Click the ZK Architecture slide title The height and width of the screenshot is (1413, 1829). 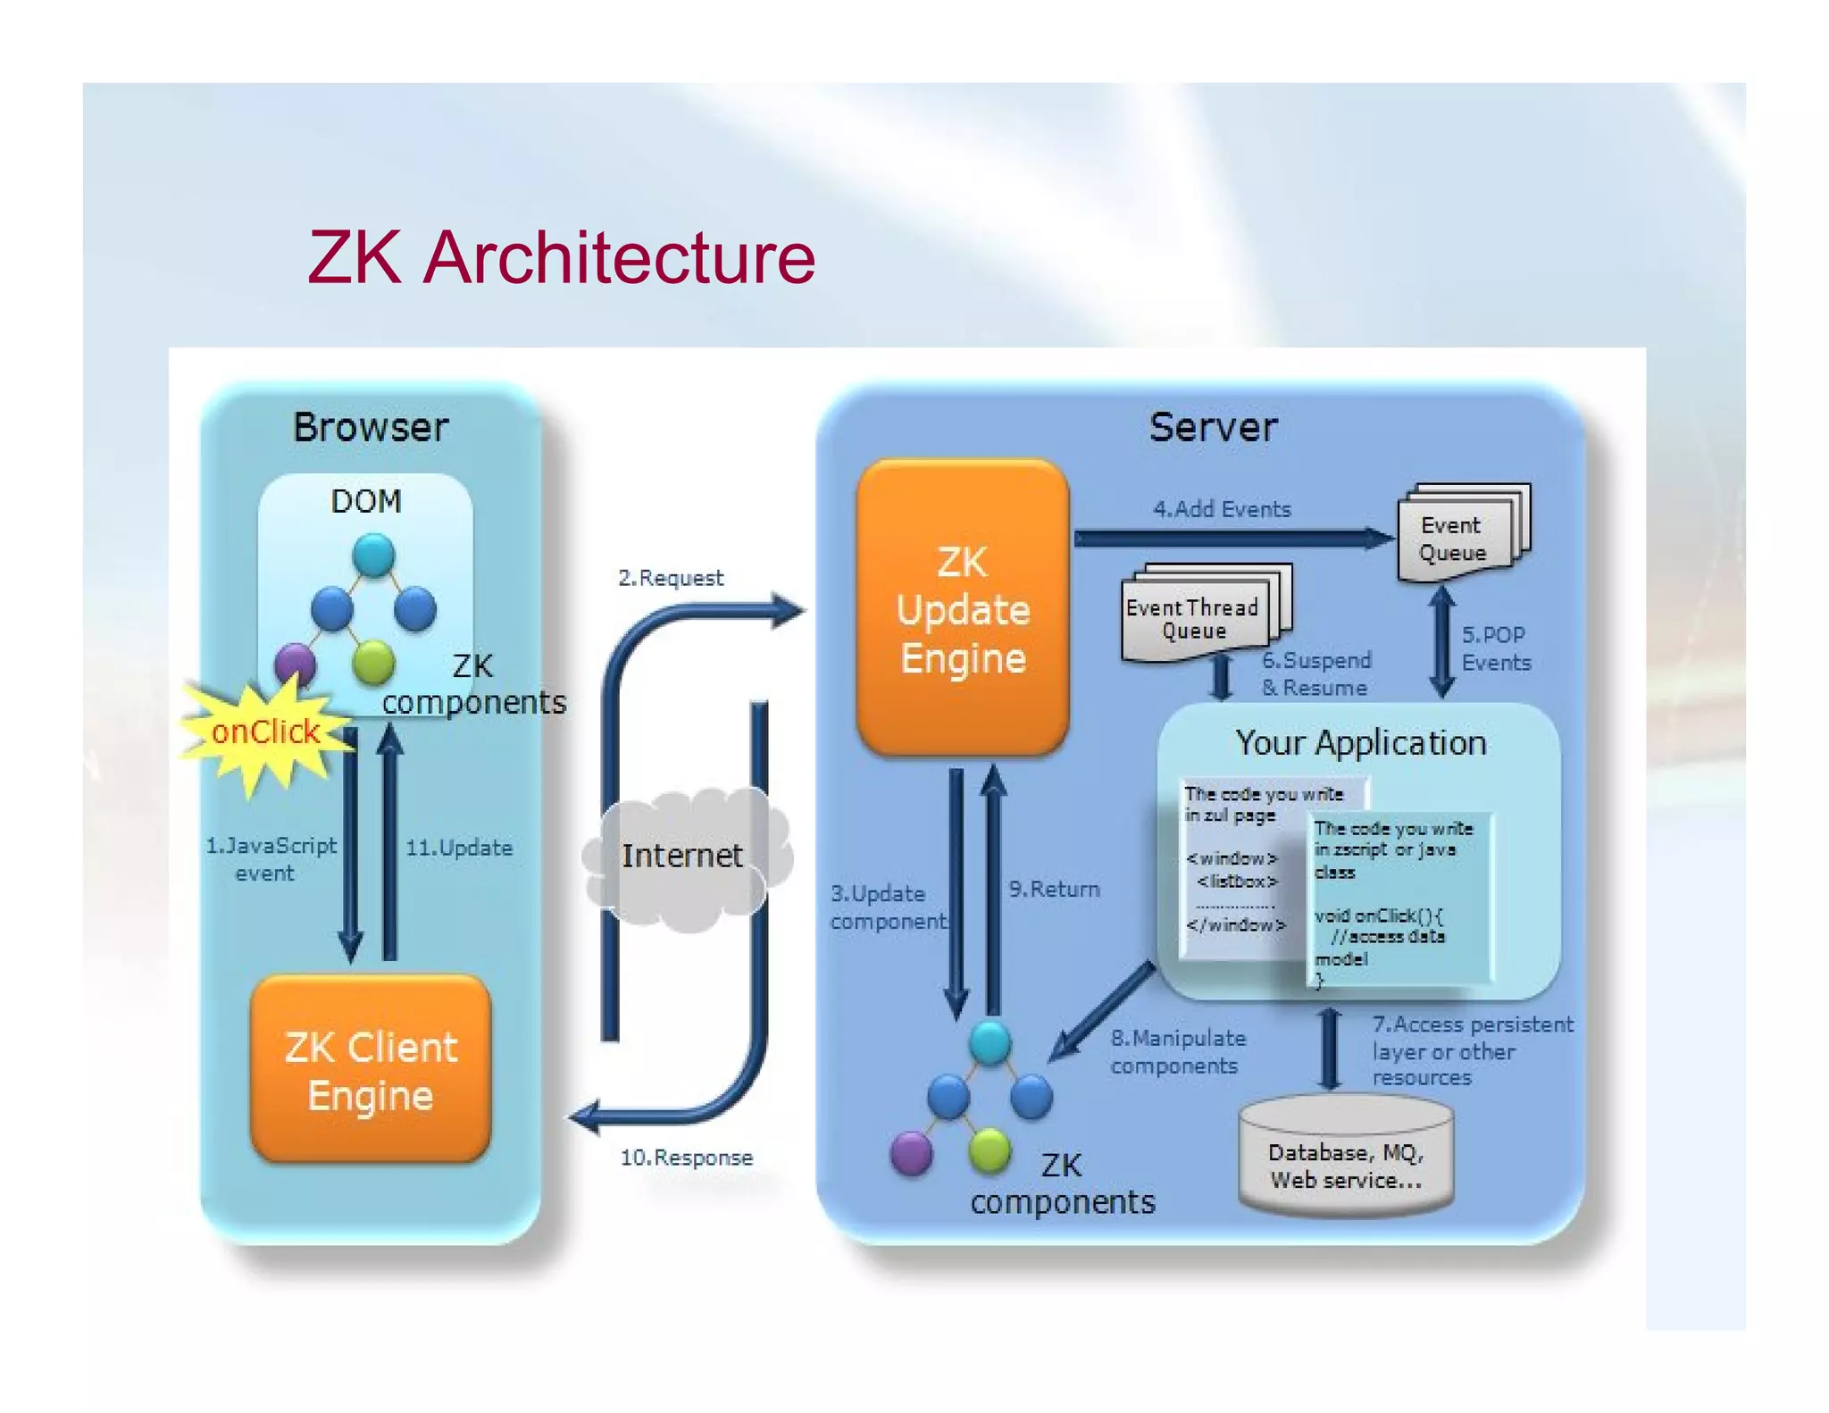pos(561,258)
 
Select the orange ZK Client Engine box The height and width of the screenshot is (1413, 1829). pos(371,1070)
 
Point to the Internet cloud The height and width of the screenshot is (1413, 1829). pos(682,856)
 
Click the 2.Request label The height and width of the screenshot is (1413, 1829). pos(671,578)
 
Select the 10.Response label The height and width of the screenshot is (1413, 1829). pos(686,1158)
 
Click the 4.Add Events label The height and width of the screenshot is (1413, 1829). pos(1222,509)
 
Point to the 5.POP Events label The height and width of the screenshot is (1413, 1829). pos(1496,648)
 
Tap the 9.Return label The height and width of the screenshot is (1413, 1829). pos(1054,889)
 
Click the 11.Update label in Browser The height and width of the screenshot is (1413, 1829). pos(459,848)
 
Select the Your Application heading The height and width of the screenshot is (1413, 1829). pos(1360,743)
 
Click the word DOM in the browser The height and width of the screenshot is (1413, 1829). pos(366,501)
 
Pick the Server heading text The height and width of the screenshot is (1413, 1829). pos(1213,427)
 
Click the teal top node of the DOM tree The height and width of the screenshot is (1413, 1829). pos(373,555)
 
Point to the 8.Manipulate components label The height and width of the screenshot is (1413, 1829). pos(1177,1051)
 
